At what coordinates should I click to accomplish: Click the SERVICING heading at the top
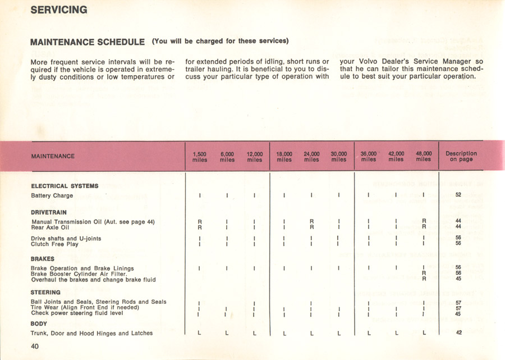coord(59,10)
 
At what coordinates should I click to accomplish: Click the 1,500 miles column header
coord(200,157)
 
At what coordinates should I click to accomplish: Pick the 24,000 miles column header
coord(311,157)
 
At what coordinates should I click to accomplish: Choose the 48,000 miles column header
coord(424,156)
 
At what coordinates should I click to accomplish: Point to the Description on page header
coord(461,156)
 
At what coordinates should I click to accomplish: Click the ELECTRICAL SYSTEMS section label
coord(65,186)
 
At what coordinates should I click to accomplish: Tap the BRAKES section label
coord(43,259)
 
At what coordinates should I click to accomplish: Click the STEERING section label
coord(45,293)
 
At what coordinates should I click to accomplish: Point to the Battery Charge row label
coord(52,196)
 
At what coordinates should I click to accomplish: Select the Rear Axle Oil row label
coord(50,227)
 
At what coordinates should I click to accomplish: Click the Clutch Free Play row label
coord(54,244)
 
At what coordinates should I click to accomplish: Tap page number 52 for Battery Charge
coord(458,195)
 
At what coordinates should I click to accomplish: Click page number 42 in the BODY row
coord(458,333)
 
